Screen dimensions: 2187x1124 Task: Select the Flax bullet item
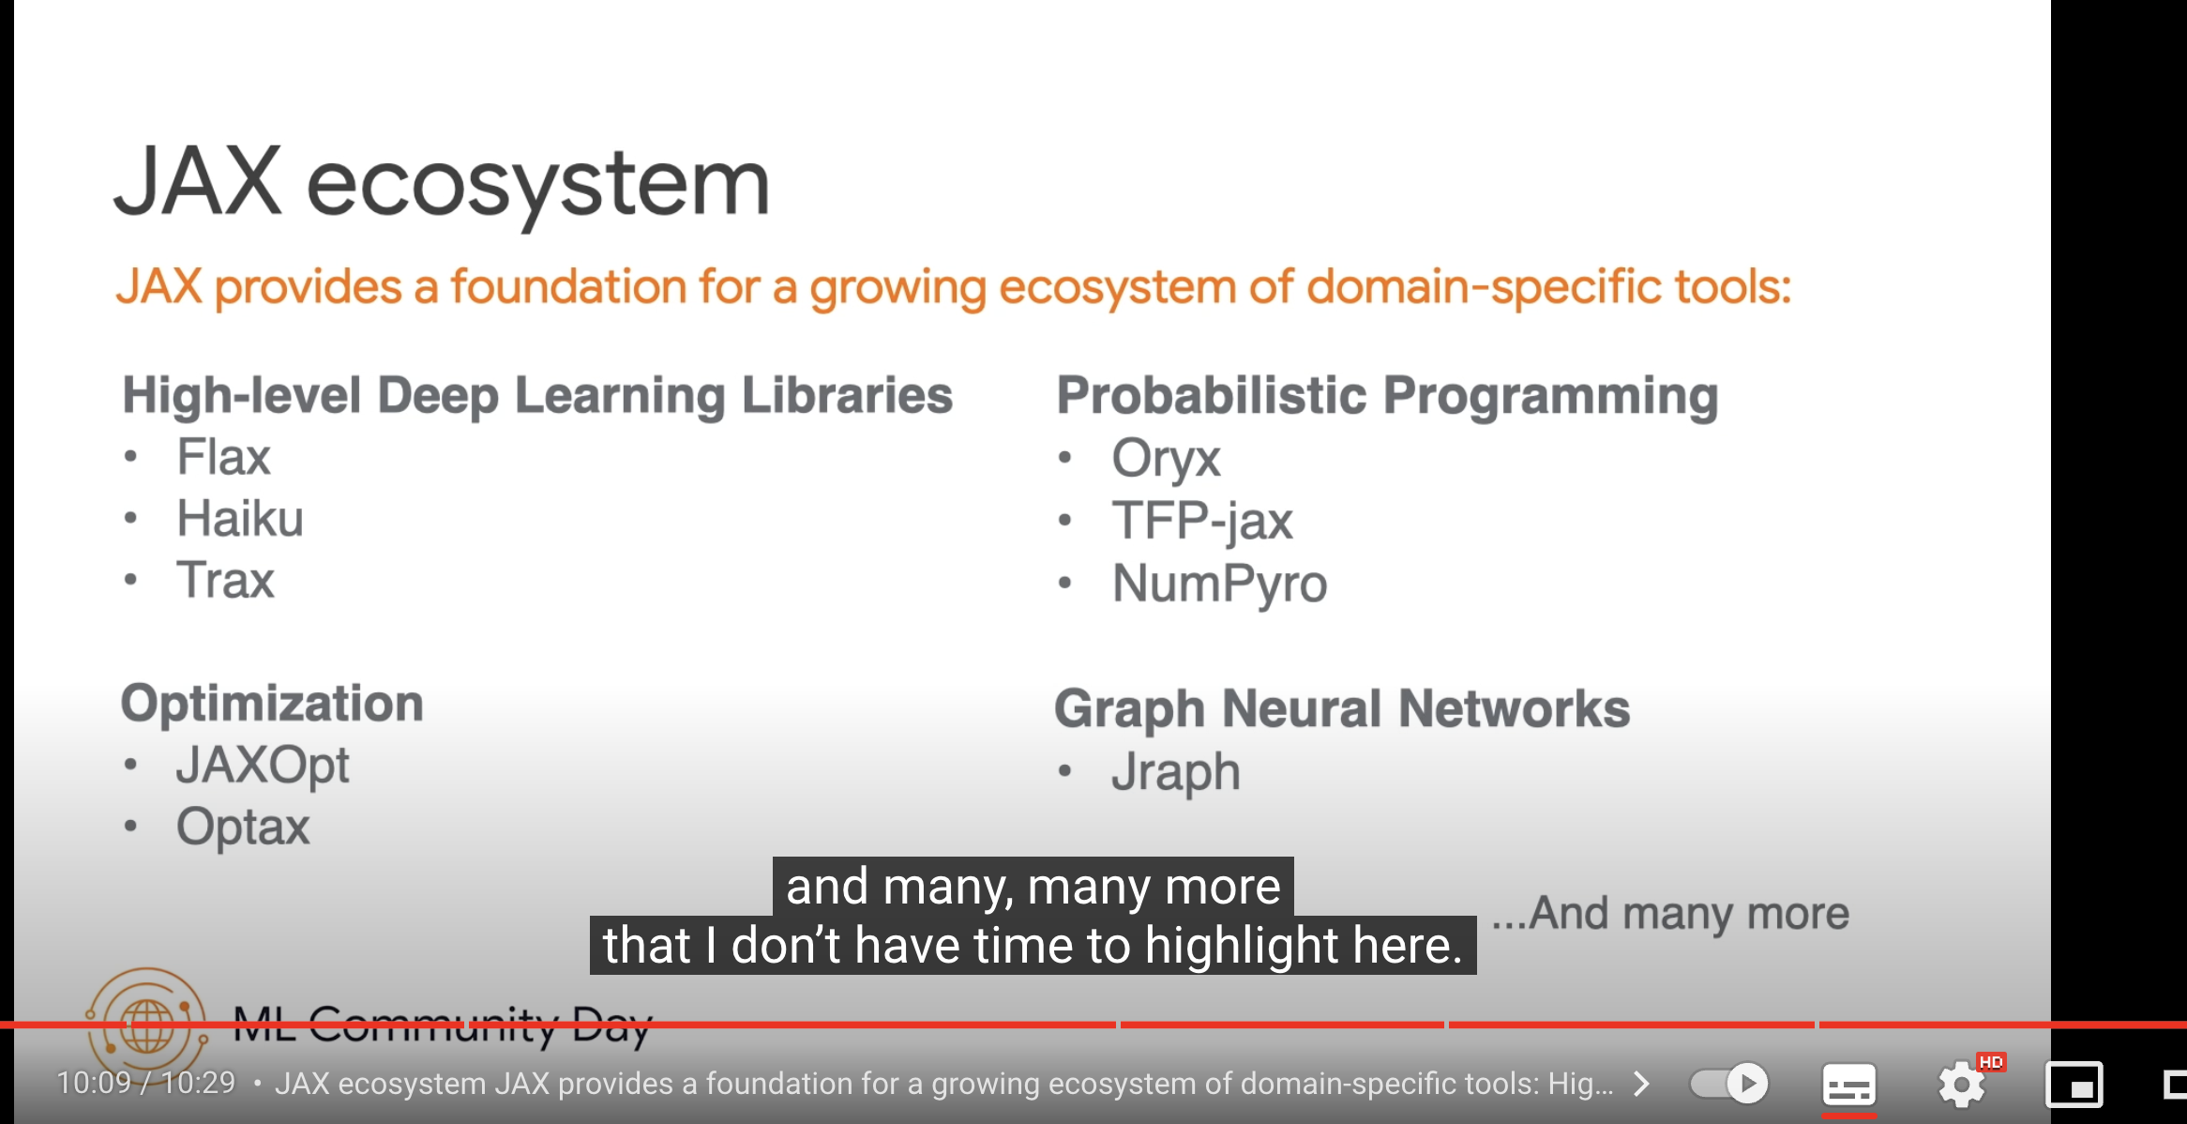[x=223, y=457]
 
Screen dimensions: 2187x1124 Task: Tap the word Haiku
[x=240, y=518]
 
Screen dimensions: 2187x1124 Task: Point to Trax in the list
[x=225, y=580]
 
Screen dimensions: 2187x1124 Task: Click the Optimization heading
[x=272, y=703]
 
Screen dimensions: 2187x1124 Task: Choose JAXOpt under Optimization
[x=263, y=766]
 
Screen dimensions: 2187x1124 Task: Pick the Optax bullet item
[x=243, y=827]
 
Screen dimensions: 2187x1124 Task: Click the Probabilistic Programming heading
[x=1387, y=396]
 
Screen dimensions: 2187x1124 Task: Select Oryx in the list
[x=1166, y=459]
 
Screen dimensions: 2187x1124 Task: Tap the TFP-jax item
[x=1201, y=521]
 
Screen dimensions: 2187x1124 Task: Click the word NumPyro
[x=1219, y=583]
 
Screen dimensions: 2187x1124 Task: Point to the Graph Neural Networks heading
[x=1342, y=708]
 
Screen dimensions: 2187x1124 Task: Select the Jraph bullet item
[x=1175, y=772]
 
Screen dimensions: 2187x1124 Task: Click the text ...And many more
[x=1670, y=913]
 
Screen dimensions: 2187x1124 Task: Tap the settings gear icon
[x=1961, y=1085]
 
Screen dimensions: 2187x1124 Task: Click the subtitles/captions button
[x=1848, y=1085]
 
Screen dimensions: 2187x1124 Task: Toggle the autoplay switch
[x=1728, y=1084]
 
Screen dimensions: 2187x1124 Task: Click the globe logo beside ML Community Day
[x=146, y=1023]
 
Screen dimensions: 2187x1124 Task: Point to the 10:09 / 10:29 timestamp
[x=146, y=1083]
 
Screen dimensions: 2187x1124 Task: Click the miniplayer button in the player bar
[x=2074, y=1085]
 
